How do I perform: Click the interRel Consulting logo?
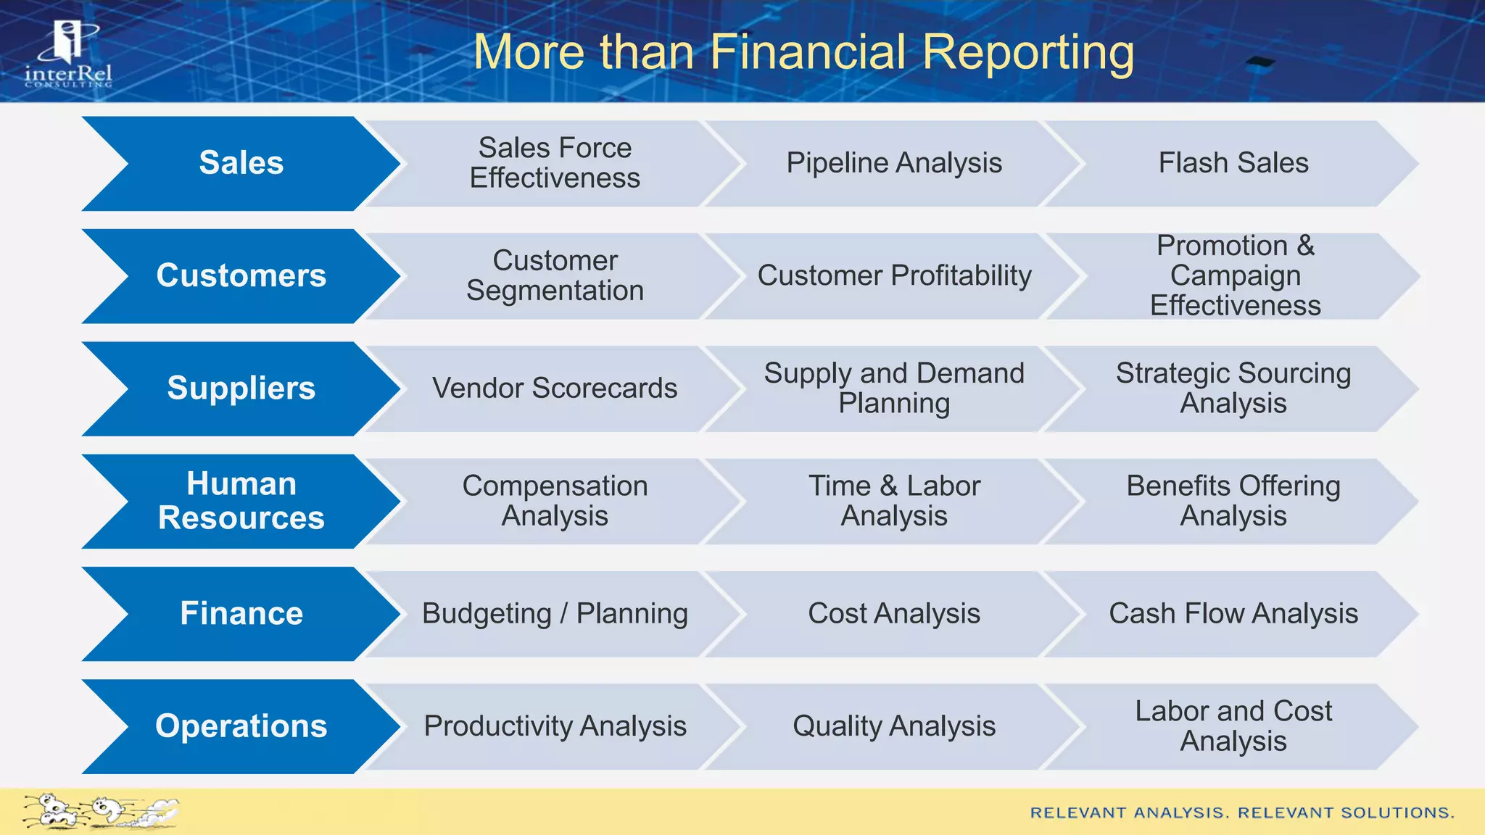tap(68, 54)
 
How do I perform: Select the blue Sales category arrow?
tap(241, 163)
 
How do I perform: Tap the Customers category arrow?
tap(241, 276)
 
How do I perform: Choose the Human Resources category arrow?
tap(241, 501)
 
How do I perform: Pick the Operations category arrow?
tap(241, 726)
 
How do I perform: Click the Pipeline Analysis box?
tap(893, 163)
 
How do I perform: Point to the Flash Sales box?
tap(1233, 163)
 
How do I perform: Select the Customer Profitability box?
tap(893, 276)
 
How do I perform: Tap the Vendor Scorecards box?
tap(555, 389)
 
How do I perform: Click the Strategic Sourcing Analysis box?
tap(1233, 389)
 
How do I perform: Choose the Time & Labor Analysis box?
tap(893, 501)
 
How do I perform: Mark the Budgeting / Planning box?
tap(555, 614)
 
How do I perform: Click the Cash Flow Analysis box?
tap(1233, 614)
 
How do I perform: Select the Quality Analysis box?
tap(893, 726)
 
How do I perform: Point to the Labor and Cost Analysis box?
tap(1233, 726)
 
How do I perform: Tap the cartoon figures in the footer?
tap(99, 811)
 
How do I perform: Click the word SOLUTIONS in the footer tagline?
tap(1397, 813)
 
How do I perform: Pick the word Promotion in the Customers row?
tap(1221, 246)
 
